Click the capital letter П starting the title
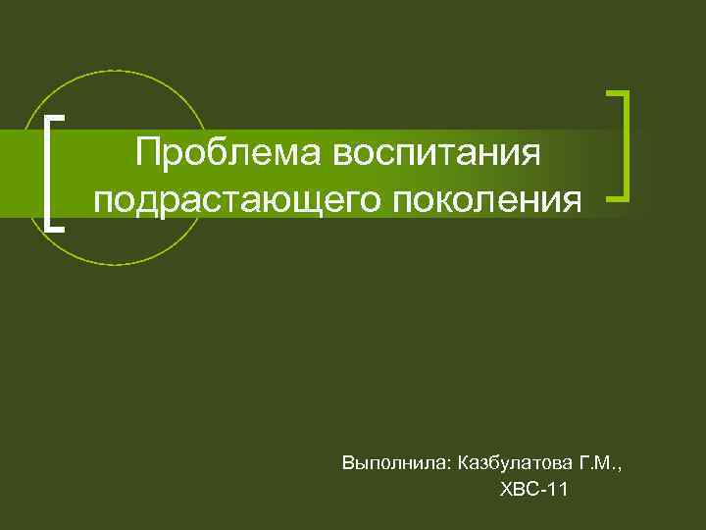pos(149,152)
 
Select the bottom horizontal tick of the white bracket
pos(56,229)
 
